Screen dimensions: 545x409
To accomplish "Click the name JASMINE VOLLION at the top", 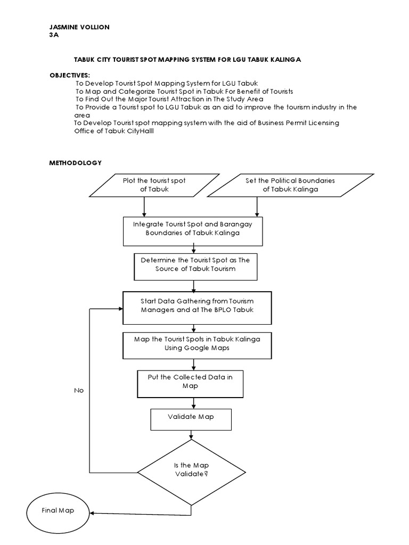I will click(x=79, y=27).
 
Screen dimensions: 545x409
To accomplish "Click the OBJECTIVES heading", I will click(x=69, y=76).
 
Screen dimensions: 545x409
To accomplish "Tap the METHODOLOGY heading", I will click(x=75, y=163).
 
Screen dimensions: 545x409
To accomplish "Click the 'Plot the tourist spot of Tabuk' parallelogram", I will click(x=154, y=185).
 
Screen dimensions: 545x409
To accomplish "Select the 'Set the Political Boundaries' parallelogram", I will click(x=290, y=185).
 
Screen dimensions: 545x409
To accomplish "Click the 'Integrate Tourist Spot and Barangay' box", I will click(x=192, y=228).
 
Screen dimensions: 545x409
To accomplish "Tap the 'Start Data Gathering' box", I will click(x=197, y=307).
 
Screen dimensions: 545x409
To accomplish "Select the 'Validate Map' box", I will click(x=191, y=417).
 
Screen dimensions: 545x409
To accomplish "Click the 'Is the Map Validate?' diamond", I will click(x=190, y=469).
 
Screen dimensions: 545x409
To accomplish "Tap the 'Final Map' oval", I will click(x=59, y=511).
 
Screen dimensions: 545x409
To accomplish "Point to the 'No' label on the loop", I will click(x=79, y=391).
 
